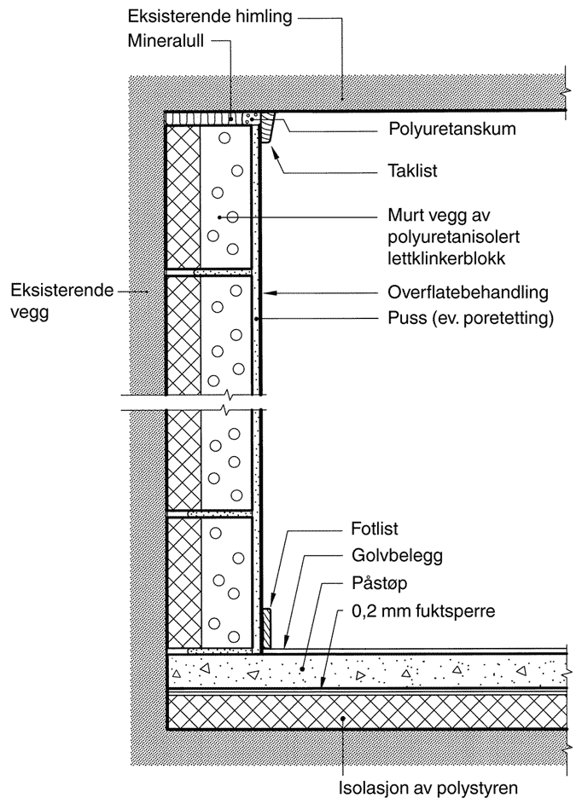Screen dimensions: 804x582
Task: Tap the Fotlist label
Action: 375,529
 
